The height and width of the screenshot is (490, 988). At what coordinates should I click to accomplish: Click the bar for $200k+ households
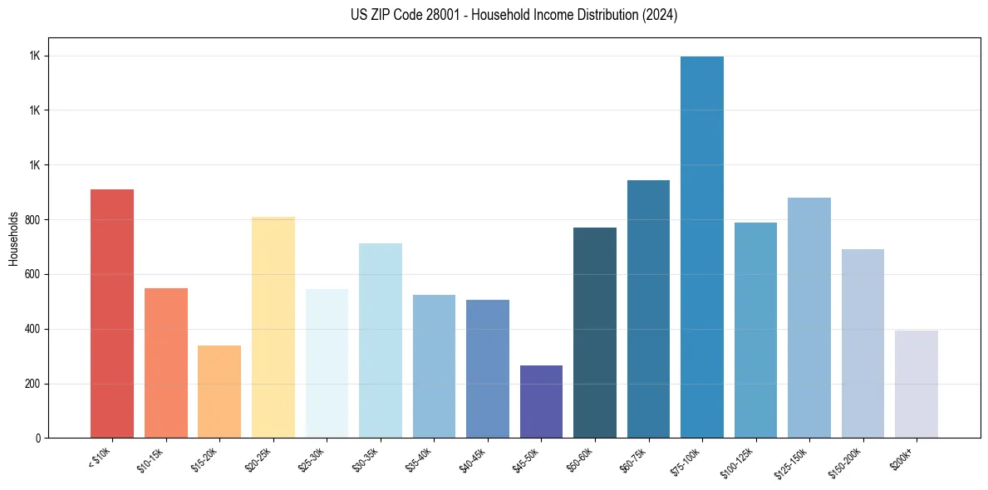click(x=916, y=384)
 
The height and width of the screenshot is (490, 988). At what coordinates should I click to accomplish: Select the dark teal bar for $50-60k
click(x=595, y=332)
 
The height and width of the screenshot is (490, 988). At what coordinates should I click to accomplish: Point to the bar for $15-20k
click(x=219, y=391)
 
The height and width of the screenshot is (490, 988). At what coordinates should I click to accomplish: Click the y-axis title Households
click(x=13, y=238)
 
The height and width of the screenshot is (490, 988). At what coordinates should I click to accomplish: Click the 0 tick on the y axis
click(x=38, y=439)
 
